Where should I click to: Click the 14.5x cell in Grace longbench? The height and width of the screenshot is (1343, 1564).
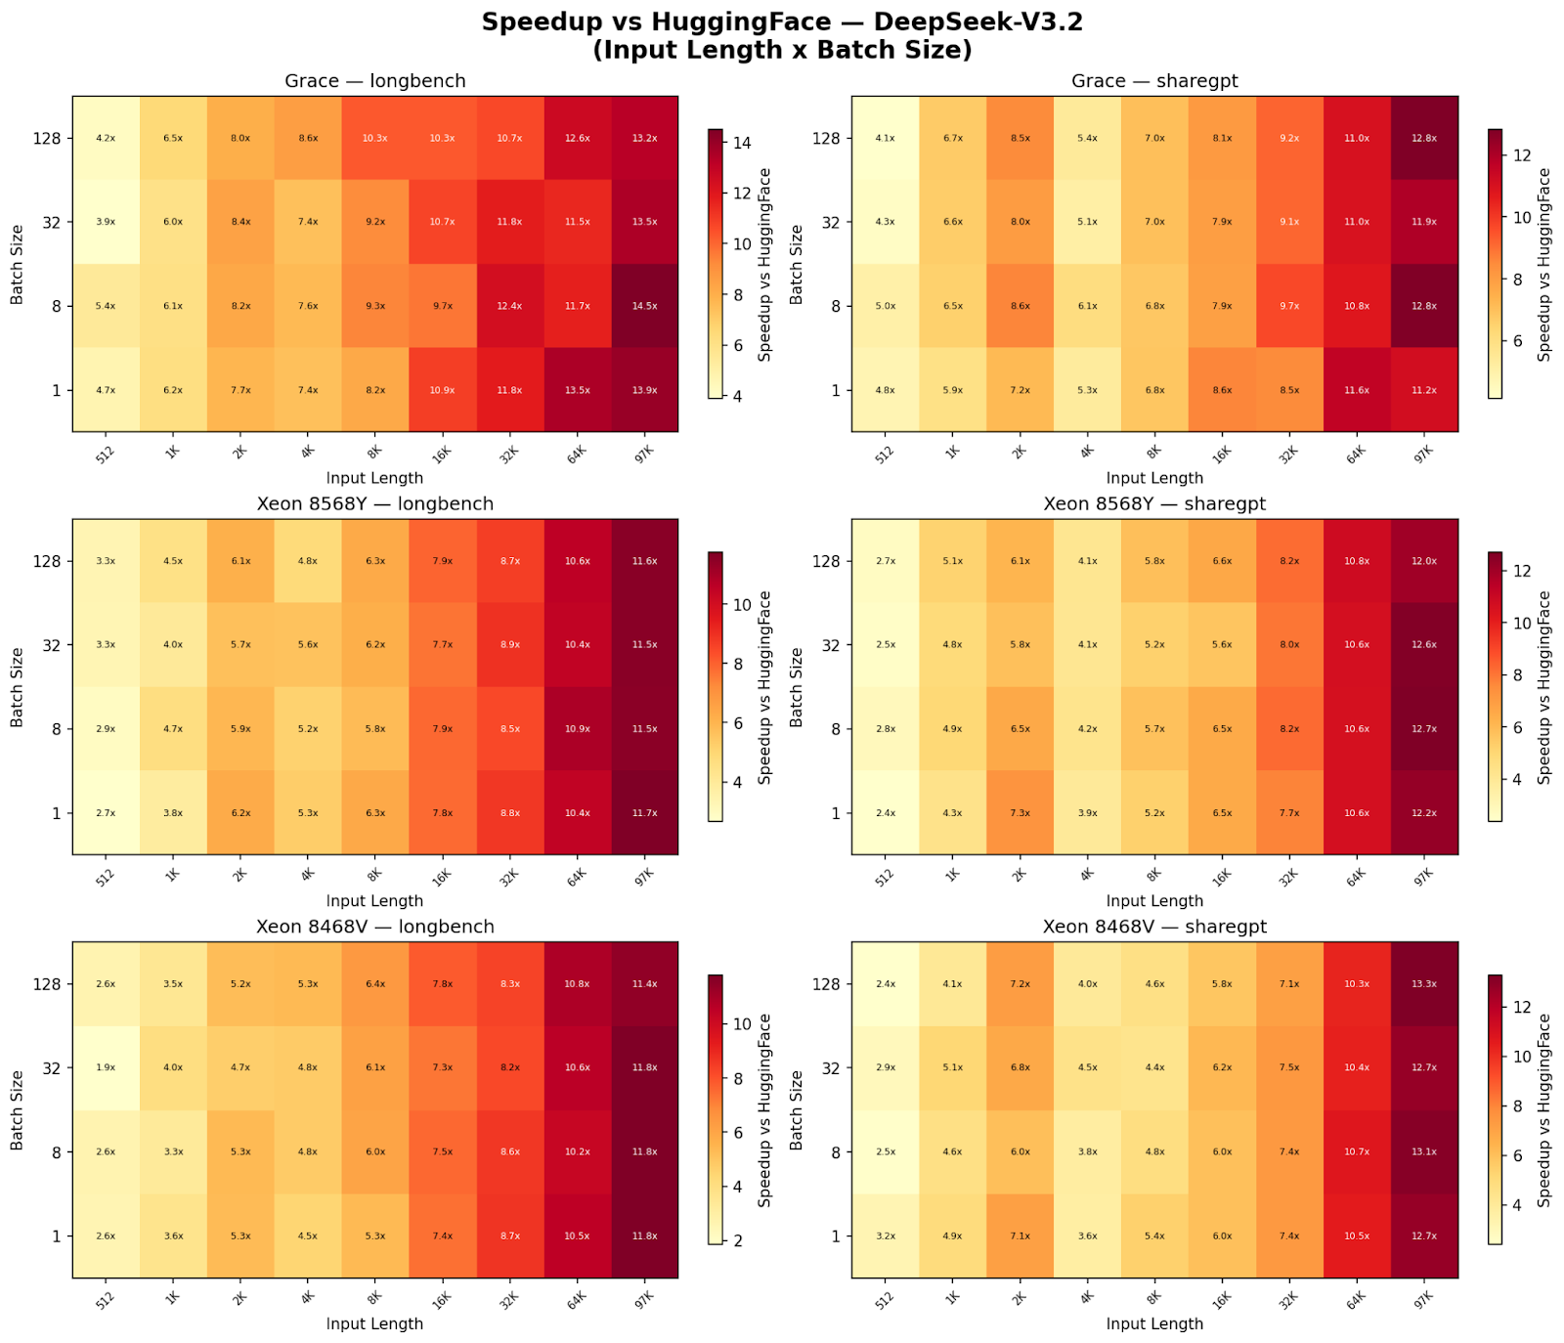coord(644,306)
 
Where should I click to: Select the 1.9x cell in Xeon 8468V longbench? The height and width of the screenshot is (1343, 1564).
coord(106,1067)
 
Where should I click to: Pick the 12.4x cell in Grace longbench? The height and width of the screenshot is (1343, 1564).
coord(509,306)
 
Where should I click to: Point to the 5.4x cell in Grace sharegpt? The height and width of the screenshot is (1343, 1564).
coord(1087,138)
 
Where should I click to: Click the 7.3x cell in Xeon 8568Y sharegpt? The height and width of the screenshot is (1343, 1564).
coord(1020,813)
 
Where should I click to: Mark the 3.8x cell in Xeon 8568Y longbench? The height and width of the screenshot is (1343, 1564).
coord(173,813)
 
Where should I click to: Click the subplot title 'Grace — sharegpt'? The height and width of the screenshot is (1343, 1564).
coord(1154,81)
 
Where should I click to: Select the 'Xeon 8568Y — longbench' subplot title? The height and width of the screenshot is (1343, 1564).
coord(375,504)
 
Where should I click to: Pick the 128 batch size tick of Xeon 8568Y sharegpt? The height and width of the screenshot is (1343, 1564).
coord(826,561)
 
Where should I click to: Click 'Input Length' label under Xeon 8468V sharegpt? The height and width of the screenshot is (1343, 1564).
coord(1154,1323)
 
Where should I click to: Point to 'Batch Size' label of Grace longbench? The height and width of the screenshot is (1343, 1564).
coord(17,264)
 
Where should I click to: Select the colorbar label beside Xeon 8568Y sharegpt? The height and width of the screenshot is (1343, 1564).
coord(1543,687)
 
